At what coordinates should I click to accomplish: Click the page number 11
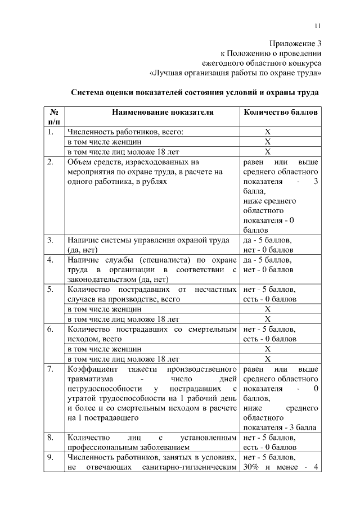coord(317,25)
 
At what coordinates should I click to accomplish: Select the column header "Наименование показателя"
coord(163,112)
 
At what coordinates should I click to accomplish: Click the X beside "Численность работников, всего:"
coord(267,132)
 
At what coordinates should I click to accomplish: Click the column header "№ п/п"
coord(54,116)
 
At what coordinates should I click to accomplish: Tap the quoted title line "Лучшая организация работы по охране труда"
coord(236,73)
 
